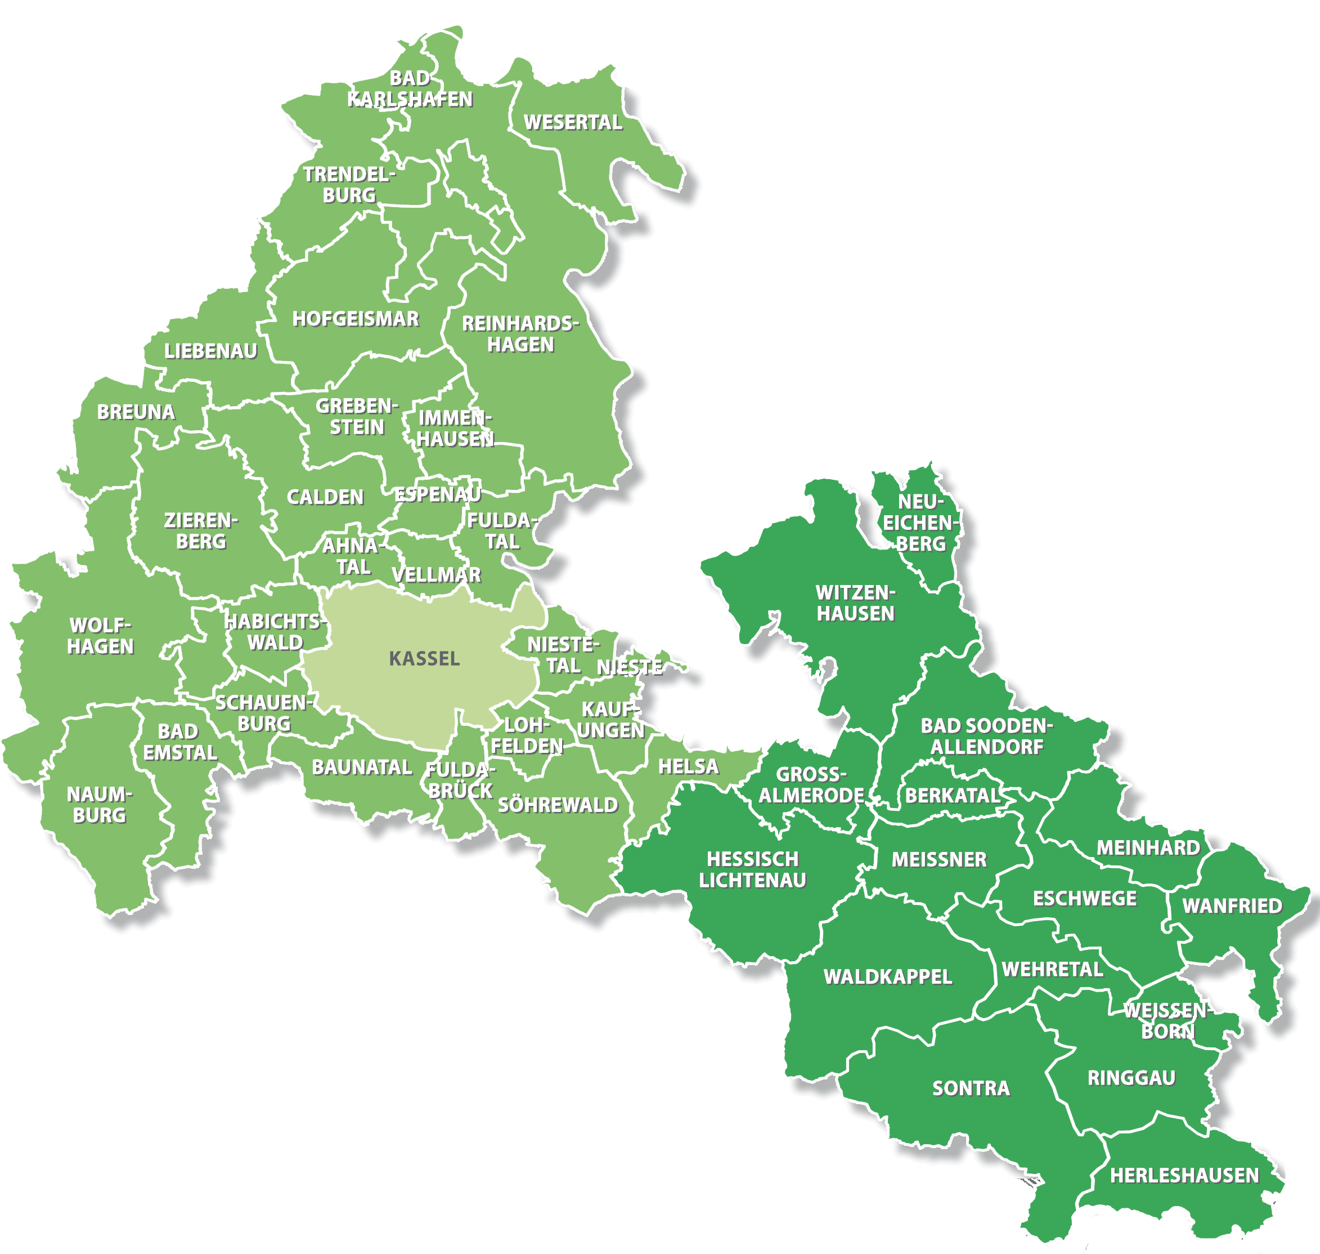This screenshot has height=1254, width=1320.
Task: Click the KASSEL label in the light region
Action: [x=424, y=658]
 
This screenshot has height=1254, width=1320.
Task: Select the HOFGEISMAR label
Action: [x=356, y=319]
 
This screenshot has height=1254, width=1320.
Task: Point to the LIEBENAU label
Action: [x=210, y=351]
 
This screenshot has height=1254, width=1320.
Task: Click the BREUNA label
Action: [x=136, y=412]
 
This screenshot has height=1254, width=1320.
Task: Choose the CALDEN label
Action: [x=325, y=497]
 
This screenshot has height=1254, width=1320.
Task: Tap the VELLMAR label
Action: [x=436, y=574]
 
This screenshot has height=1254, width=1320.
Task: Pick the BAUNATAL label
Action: [x=361, y=767]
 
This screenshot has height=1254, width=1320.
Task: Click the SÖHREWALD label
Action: [x=558, y=805]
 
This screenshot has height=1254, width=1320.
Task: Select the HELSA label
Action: [x=688, y=767]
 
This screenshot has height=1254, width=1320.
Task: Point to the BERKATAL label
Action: [x=952, y=796]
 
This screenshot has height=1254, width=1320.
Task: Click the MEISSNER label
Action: [x=939, y=860]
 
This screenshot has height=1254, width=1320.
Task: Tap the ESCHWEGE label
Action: [x=1084, y=898]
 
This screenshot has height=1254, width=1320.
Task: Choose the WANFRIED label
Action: [x=1232, y=907]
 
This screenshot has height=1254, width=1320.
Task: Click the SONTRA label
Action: [x=971, y=1088]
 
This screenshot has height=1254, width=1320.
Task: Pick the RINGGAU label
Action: [x=1131, y=1078]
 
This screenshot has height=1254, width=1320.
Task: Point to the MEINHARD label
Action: [x=1148, y=847]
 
